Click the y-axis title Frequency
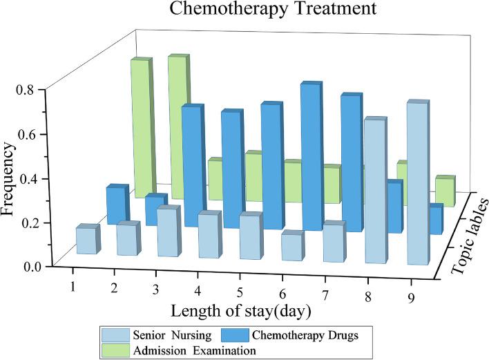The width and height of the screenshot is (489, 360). pyautogui.click(x=10, y=178)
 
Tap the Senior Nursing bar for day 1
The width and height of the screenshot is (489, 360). pyautogui.click(x=85, y=240)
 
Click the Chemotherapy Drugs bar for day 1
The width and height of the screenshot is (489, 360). pyautogui.click(x=116, y=205)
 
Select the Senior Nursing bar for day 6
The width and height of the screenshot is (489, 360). pyautogui.click(x=291, y=247)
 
